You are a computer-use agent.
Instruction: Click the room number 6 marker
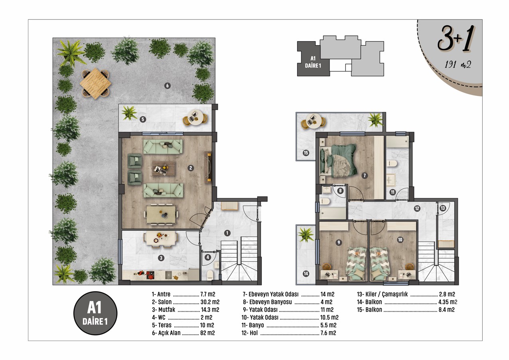[168, 86]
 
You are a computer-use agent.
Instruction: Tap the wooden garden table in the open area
[95, 83]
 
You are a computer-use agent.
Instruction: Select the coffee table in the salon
[164, 168]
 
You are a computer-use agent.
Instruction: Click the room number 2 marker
[191, 168]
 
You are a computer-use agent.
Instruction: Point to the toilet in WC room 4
[210, 275]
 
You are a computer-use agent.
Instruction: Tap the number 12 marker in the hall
[417, 209]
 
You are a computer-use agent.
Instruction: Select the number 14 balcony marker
[306, 273]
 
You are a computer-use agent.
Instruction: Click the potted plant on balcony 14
[306, 235]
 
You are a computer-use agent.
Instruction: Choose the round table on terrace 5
[195, 117]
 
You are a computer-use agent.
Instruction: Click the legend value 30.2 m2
[210, 302]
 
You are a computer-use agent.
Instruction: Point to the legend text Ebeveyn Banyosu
[270, 302]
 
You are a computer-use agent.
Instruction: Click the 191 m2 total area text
[458, 65]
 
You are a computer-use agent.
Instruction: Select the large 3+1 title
[456, 39]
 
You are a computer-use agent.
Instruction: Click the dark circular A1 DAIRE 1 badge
[95, 313]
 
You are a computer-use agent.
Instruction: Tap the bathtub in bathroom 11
[397, 141]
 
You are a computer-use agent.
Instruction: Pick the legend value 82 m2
[207, 333]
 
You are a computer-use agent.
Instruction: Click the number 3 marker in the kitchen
[161, 258]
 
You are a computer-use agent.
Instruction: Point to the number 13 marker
[443, 208]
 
